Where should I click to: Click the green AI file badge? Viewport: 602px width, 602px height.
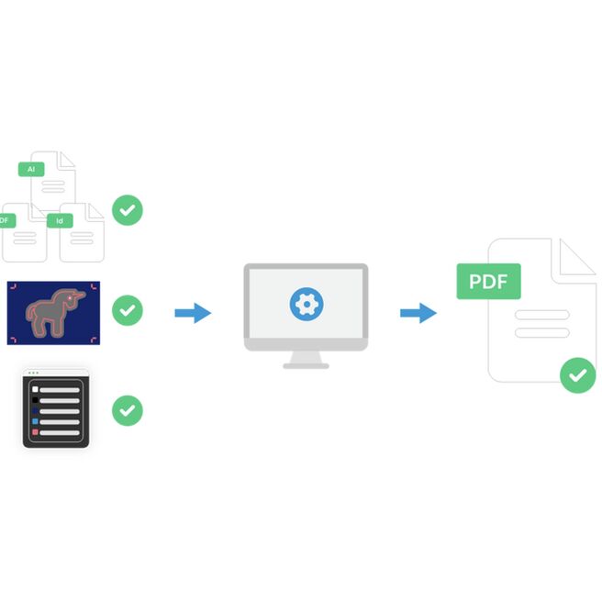pyautogui.click(x=31, y=169)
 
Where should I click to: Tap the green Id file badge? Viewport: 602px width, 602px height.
pyautogui.click(x=60, y=221)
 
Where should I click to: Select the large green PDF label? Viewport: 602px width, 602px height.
pyautogui.click(x=488, y=282)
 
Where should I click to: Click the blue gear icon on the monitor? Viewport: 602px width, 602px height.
pyautogui.click(x=307, y=304)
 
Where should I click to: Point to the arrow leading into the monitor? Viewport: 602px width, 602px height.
pyautogui.click(x=193, y=313)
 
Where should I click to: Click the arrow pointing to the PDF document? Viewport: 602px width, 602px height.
pyautogui.click(x=418, y=313)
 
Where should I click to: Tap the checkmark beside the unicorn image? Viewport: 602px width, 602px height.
pyautogui.click(x=128, y=310)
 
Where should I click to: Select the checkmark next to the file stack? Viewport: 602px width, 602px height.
pyautogui.click(x=128, y=210)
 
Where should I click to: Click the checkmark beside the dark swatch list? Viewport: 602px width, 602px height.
pyautogui.click(x=128, y=410)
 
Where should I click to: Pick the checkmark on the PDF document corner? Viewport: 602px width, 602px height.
pyautogui.click(x=578, y=375)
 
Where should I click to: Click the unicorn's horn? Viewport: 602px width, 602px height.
pyautogui.click(x=79, y=295)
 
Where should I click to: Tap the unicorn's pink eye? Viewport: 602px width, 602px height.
pyautogui.click(x=70, y=298)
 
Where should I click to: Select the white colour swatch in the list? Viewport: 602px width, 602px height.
pyautogui.click(x=35, y=389)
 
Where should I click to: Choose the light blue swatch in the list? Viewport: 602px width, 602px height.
pyautogui.click(x=35, y=421)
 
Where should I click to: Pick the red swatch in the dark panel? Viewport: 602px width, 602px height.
pyautogui.click(x=35, y=432)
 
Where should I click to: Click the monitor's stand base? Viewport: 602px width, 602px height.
pyautogui.click(x=306, y=366)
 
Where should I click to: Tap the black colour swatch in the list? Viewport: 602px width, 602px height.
pyautogui.click(x=35, y=400)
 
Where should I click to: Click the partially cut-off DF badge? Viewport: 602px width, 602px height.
pyautogui.click(x=7, y=221)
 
